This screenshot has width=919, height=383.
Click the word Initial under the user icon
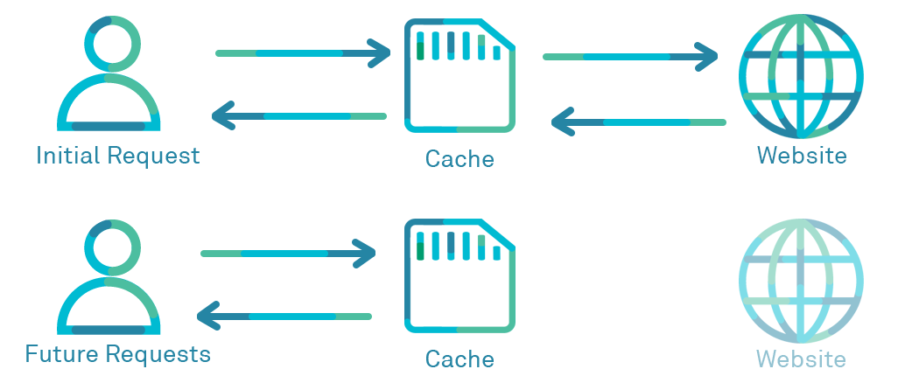click(x=67, y=156)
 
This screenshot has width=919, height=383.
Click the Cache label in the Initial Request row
click(x=459, y=159)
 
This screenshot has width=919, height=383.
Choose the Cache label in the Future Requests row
click(x=459, y=359)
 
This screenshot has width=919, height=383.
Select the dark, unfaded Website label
click(x=802, y=156)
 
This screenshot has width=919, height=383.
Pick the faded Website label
click(x=801, y=359)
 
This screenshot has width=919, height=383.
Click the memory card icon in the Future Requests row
click(x=459, y=275)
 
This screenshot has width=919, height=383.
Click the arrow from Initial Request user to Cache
click(x=302, y=53)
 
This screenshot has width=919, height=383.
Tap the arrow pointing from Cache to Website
click(x=630, y=57)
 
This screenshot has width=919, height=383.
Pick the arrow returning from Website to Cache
click(x=638, y=122)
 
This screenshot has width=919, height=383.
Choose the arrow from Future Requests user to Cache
click(x=288, y=254)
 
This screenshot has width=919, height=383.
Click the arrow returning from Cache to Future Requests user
click(x=285, y=316)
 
